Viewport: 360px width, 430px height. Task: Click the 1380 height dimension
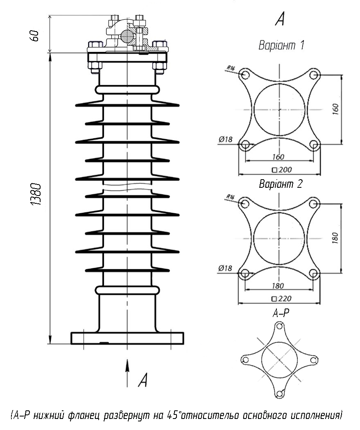pyautogui.click(x=36, y=194)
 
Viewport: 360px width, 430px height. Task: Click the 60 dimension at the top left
pyautogui.click(x=35, y=36)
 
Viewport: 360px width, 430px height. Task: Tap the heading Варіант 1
pyautogui.click(x=281, y=45)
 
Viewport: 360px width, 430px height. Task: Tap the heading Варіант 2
pyautogui.click(x=281, y=184)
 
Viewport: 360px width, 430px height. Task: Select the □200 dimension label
pyautogui.click(x=282, y=170)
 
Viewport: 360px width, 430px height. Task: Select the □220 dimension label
pyautogui.click(x=282, y=299)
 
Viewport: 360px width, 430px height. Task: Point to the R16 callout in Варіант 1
pyautogui.click(x=231, y=68)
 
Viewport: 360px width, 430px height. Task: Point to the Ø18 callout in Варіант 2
pyautogui.click(x=225, y=268)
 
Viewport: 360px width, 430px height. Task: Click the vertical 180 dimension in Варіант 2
pyautogui.click(x=335, y=238)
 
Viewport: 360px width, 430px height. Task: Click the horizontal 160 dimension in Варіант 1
pyautogui.click(x=278, y=157)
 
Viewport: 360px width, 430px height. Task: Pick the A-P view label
pyautogui.click(x=281, y=313)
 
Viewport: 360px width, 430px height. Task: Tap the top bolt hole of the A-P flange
pyautogui.click(x=280, y=326)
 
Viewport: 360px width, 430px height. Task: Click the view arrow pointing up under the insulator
pyautogui.click(x=127, y=373)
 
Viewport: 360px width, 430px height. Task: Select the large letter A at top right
pyautogui.click(x=280, y=19)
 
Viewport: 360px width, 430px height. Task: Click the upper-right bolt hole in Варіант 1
pyautogui.click(x=314, y=75)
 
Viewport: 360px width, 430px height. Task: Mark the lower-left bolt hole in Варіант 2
pyautogui.click(x=245, y=273)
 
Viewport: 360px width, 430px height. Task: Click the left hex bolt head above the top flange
pyautogui.click(x=95, y=45)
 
